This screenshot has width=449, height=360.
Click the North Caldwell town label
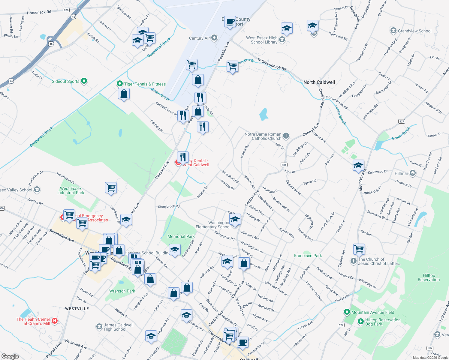click(x=319, y=82)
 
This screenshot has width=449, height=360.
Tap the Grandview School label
click(x=414, y=31)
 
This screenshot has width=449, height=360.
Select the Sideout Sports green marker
click(x=84, y=81)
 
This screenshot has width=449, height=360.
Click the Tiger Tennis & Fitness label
click(x=145, y=84)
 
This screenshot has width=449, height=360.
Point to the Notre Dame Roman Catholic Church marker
click(x=286, y=136)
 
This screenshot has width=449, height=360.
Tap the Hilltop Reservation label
click(x=429, y=277)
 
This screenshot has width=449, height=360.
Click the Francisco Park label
click(x=308, y=256)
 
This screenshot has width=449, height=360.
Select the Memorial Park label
click(x=181, y=237)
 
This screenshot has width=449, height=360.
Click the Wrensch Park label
click(x=122, y=291)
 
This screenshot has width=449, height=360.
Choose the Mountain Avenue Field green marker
click(x=347, y=312)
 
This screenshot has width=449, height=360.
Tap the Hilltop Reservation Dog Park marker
click(x=361, y=322)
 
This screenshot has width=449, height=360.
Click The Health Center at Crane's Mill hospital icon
click(x=55, y=321)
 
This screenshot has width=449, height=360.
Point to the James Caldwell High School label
click(x=119, y=327)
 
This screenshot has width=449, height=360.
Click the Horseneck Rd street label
click(x=39, y=12)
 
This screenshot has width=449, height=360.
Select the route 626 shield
click(x=66, y=10)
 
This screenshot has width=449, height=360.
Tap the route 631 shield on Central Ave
click(x=284, y=165)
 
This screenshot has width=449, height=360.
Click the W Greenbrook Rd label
click(x=272, y=64)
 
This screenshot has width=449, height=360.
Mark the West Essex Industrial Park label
click(x=71, y=190)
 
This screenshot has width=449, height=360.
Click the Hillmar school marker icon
click(x=413, y=173)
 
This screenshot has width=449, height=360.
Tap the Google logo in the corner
click(x=10, y=356)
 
